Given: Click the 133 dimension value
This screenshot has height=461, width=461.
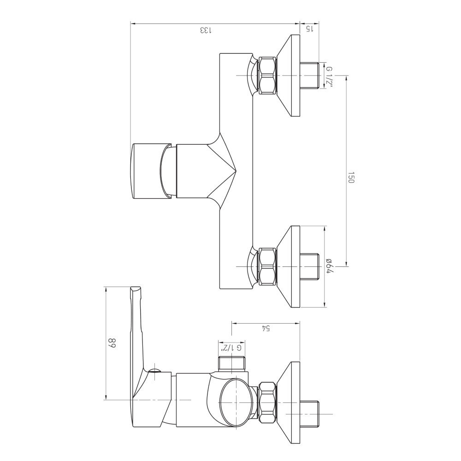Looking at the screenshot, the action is (206, 30).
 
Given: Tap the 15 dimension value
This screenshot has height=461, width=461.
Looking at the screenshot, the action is (310, 29).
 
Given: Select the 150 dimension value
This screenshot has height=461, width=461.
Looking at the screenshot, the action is (351, 177).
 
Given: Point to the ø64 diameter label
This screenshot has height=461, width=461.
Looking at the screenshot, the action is (329, 266).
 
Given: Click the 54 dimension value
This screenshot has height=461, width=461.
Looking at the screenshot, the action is (266, 328).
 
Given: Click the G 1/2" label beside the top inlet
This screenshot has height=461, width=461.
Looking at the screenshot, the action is (329, 76).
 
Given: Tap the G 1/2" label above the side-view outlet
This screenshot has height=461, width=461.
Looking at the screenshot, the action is (231, 348).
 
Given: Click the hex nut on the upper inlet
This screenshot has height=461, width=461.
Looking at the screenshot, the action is (267, 76).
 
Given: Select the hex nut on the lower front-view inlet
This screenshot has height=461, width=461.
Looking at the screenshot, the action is (267, 266).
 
